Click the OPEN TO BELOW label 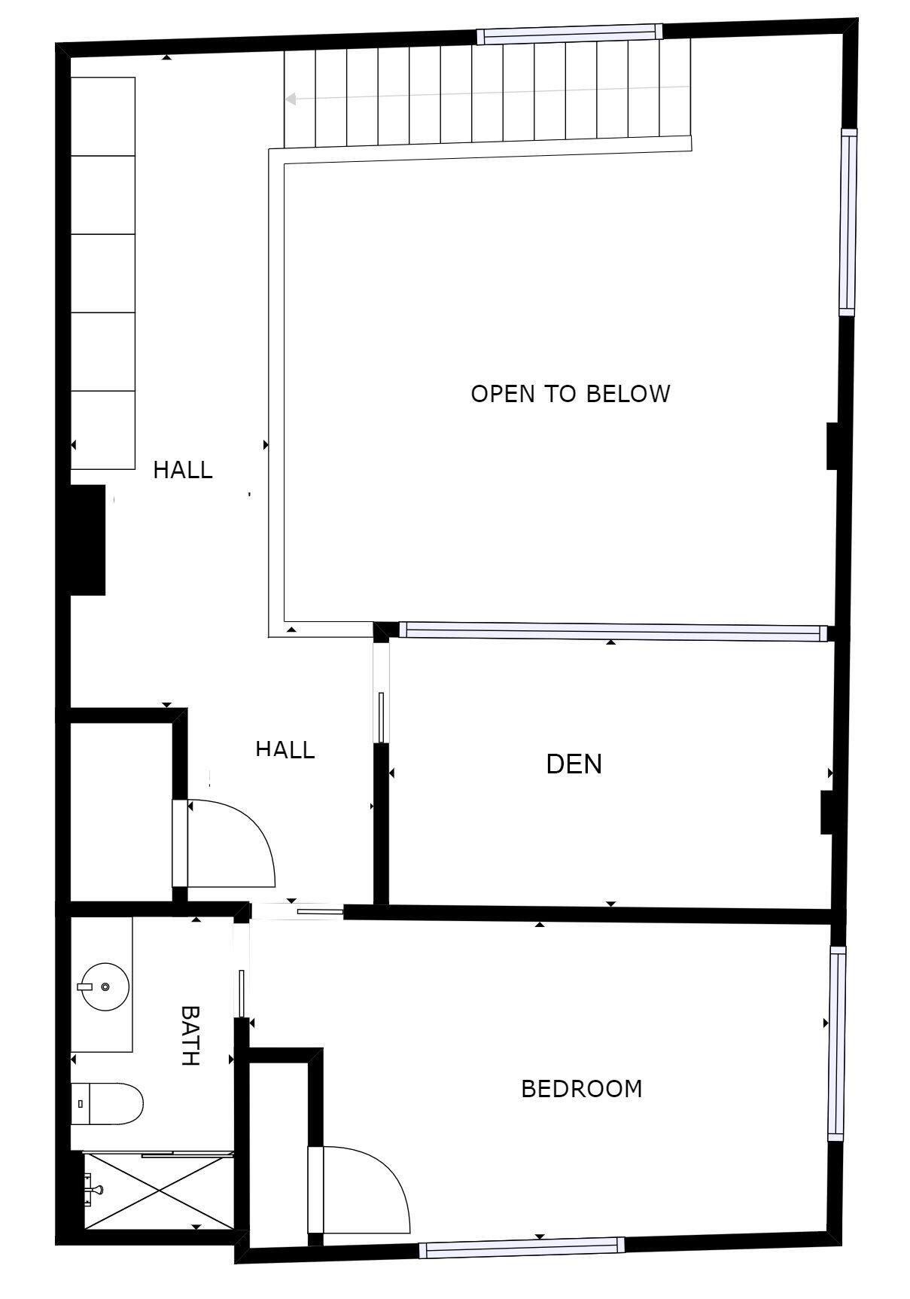[x=570, y=394]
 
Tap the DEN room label [x=574, y=764]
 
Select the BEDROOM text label [x=581, y=1089]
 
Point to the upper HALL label [x=183, y=470]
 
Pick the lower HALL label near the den [x=285, y=749]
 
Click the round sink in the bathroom [x=104, y=986]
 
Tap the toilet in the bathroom [x=107, y=1104]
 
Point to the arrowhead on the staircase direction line [x=291, y=99]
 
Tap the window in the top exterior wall [x=570, y=34]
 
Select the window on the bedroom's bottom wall [x=522, y=1248]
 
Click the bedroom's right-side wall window [x=837, y=1042]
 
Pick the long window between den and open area [x=611, y=632]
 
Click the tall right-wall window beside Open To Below [x=848, y=222]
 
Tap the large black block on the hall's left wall [x=88, y=540]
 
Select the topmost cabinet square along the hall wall [x=103, y=116]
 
